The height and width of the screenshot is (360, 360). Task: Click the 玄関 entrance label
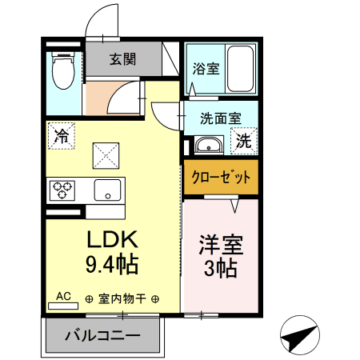[122, 58]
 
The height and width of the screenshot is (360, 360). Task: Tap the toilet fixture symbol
[62, 70]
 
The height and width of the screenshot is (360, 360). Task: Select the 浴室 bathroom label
[205, 69]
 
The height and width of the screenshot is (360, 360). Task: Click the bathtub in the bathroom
[239, 69]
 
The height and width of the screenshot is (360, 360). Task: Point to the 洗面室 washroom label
[220, 118]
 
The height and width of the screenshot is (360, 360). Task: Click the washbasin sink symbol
[209, 146]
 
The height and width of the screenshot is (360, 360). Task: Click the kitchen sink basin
[104, 190]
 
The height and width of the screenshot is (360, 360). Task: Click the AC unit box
[64, 297]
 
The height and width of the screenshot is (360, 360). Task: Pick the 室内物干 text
[122, 299]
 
